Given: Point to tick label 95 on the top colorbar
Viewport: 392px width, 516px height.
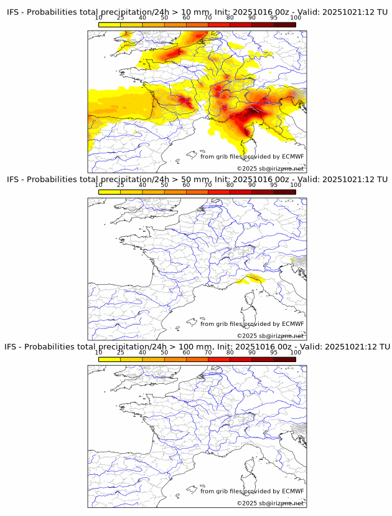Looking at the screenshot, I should [273, 18].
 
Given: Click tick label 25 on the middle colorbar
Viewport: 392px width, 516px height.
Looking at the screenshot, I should [121, 185].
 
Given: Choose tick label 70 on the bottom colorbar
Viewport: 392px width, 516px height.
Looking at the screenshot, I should [208, 352].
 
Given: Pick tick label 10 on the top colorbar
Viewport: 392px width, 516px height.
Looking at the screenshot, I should [99, 18].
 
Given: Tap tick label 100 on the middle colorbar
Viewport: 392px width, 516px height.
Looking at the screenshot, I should [296, 185].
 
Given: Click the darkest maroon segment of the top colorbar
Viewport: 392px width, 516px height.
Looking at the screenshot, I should [284, 24].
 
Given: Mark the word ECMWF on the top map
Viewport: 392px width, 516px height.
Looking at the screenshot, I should [293, 156].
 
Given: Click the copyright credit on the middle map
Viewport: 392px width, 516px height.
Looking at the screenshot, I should [270, 336].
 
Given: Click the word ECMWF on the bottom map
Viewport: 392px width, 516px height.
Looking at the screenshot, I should [293, 490].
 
